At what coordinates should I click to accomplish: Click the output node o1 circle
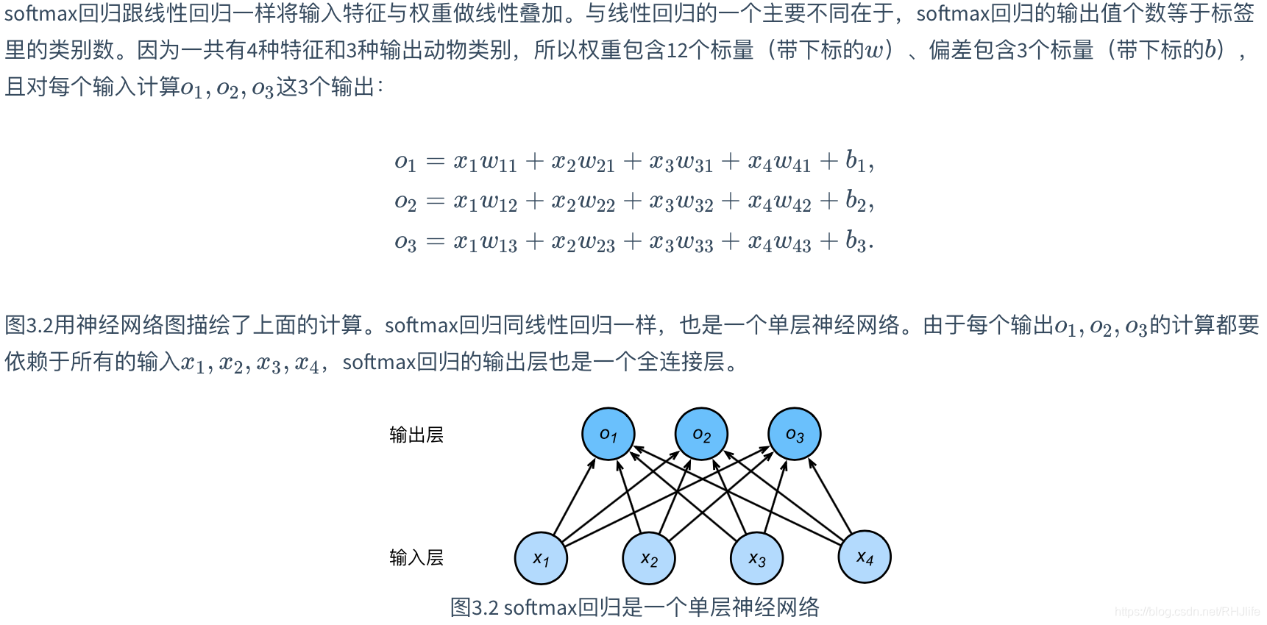[x=608, y=434]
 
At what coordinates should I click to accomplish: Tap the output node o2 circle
[x=701, y=434]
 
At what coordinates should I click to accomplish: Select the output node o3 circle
[x=794, y=434]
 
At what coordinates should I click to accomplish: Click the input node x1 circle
[x=541, y=558]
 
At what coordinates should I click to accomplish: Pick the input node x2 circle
[x=648, y=558]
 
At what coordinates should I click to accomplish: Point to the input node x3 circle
[x=756, y=558]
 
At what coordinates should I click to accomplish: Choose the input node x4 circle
[x=865, y=557]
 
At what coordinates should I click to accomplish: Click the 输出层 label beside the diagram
[x=416, y=435]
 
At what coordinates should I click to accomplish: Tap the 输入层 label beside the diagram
[x=416, y=557]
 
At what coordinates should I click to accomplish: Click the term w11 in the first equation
[x=498, y=162]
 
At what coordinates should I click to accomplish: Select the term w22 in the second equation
[x=596, y=201]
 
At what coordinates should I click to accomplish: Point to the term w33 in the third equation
[x=695, y=242]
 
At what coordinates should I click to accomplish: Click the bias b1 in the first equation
[x=856, y=160]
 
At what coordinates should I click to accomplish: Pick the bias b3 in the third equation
[x=856, y=240]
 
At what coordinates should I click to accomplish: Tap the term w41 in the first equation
[x=792, y=162]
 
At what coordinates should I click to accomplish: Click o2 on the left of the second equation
[x=405, y=201]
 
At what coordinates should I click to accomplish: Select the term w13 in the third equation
[x=498, y=242]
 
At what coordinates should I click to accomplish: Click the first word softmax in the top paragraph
[x=41, y=13]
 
